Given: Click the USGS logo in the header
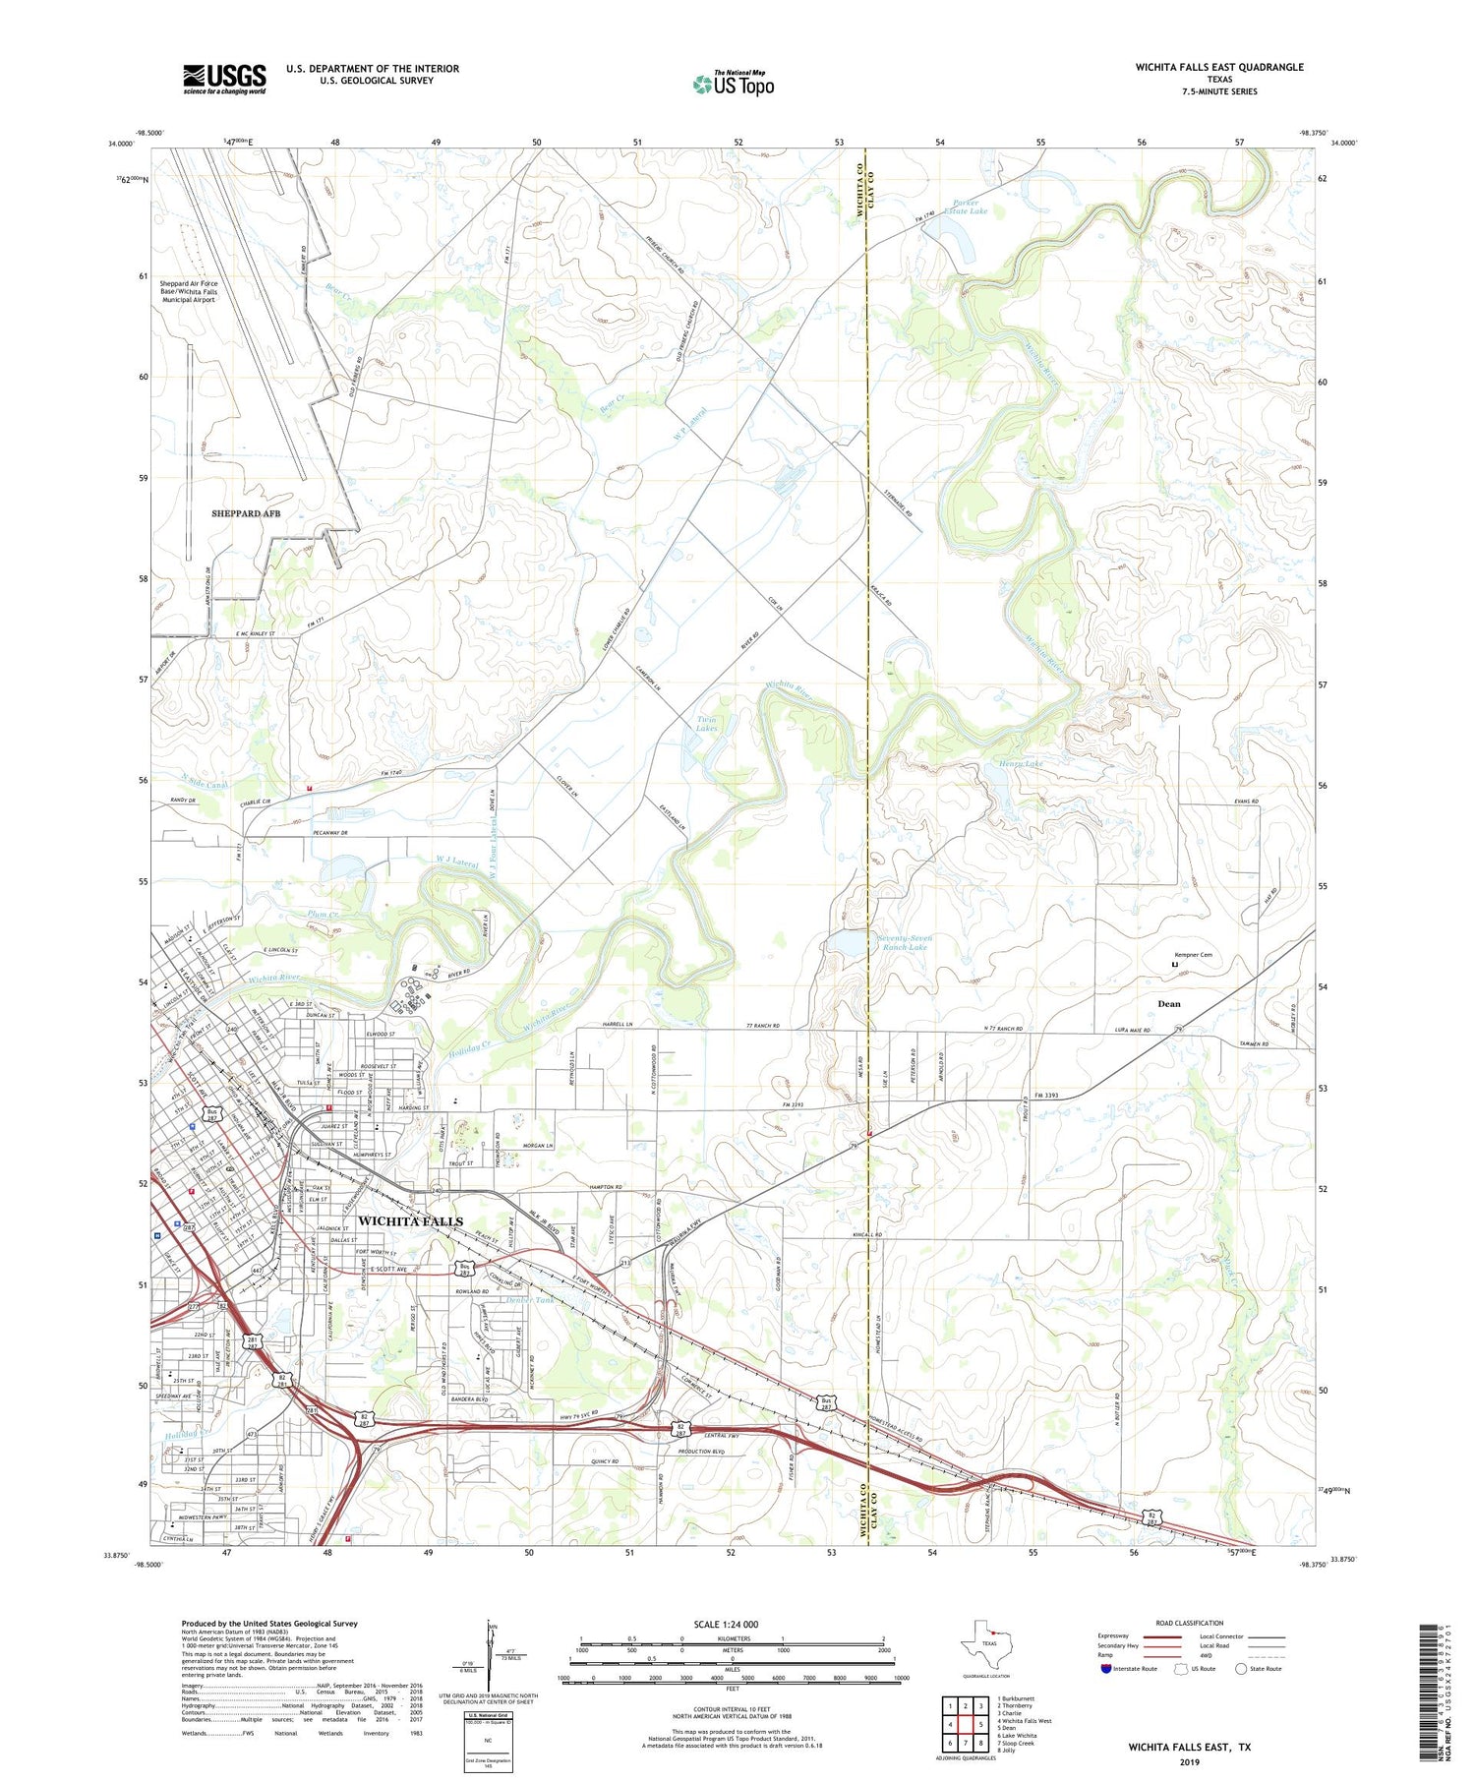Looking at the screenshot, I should coord(224,79).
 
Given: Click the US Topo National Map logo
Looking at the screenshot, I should coord(734,84).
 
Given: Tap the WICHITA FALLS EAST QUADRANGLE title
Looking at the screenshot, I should coord(1218,67).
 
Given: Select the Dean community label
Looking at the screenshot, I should coord(1168,1004).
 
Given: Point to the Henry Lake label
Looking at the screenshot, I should coord(1021,763).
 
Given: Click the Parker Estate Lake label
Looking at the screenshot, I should coord(966,208).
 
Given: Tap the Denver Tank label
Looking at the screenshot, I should coord(530,1300).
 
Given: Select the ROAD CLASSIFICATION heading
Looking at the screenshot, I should coord(1190,1623).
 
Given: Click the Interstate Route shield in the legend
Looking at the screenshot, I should coord(1106,1669).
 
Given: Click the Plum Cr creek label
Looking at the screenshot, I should coord(323,915).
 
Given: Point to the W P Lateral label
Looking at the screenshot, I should coord(690,425).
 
